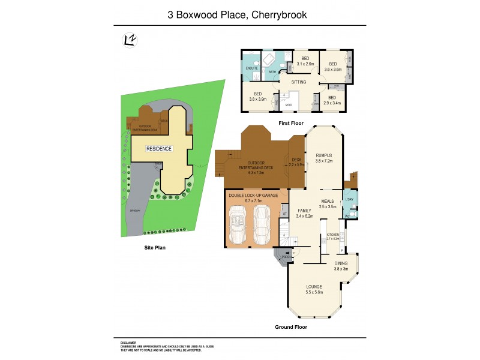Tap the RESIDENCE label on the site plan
click(x=160, y=149)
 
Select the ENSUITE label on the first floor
click(x=251, y=68)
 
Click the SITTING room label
click(x=298, y=82)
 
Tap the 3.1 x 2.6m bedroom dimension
click(x=305, y=64)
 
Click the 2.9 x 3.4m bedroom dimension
click(x=331, y=103)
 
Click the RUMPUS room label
click(x=324, y=155)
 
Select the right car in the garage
click(x=263, y=225)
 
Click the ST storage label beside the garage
click(x=284, y=214)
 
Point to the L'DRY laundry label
click(x=350, y=199)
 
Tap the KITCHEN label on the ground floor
click(x=333, y=235)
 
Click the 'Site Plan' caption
click(x=154, y=247)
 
